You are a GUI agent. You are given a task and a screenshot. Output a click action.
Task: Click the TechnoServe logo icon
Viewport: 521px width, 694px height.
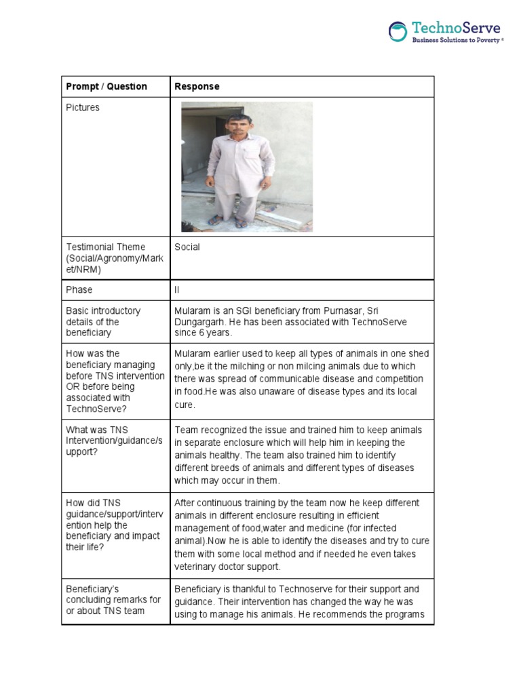[x=398, y=32]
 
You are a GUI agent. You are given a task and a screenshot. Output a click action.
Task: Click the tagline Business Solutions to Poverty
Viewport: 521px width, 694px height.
[x=458, y=41]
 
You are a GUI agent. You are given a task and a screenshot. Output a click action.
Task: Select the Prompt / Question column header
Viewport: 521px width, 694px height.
[x=107, y=87]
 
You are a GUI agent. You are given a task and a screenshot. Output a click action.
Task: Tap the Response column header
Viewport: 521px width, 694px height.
[x=197, y=87]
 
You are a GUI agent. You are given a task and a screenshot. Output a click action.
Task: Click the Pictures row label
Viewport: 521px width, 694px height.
[x=82, y=108]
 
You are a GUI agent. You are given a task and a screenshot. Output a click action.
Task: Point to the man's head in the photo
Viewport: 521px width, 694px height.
[x=239, y=125]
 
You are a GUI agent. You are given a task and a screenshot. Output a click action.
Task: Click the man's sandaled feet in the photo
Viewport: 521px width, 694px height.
[x=227, y=220]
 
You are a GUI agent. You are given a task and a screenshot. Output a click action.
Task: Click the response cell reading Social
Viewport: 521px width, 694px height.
[x=187, y=247]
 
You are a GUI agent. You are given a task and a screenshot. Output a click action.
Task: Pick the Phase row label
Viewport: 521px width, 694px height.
[x=79, y=290]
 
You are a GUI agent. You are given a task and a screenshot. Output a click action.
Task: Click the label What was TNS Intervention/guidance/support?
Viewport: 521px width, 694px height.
[x=114, y=441]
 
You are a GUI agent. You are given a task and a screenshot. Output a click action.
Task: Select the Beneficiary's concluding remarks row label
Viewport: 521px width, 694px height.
[x=113, y=600]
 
